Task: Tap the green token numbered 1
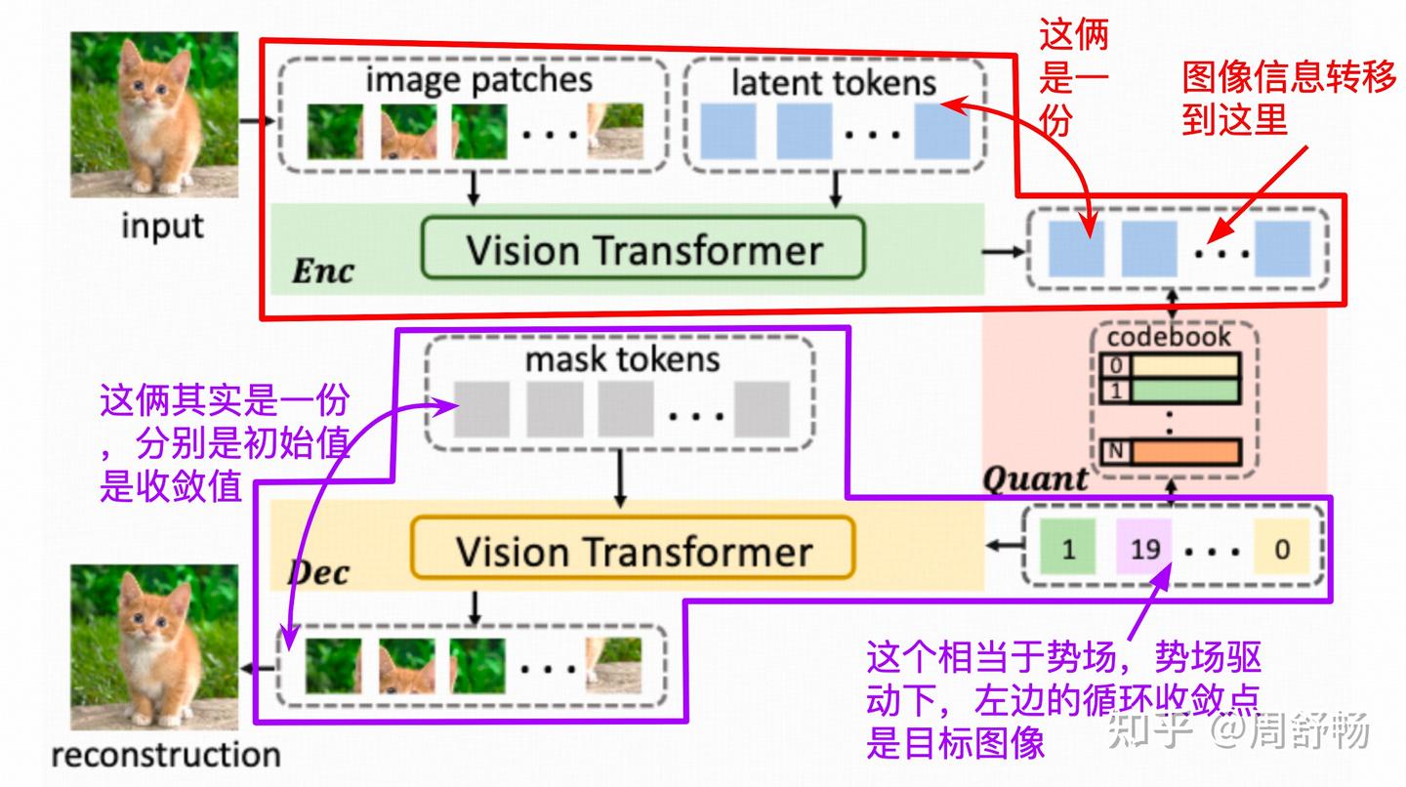(1067, 548)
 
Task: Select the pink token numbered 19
(1143, 548)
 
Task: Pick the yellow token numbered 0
(1281, 548)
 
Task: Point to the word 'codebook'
(1169, 338)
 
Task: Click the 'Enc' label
(322, 271)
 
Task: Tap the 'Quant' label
(1034, 478)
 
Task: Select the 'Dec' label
(317, 572)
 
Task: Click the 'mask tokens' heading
(622, 359)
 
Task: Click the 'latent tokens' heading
(833, 83)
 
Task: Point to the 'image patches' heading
(478, 79)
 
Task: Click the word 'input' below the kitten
(162, 226)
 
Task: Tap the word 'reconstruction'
(165, 754)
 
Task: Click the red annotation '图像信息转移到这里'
(1288, 98)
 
